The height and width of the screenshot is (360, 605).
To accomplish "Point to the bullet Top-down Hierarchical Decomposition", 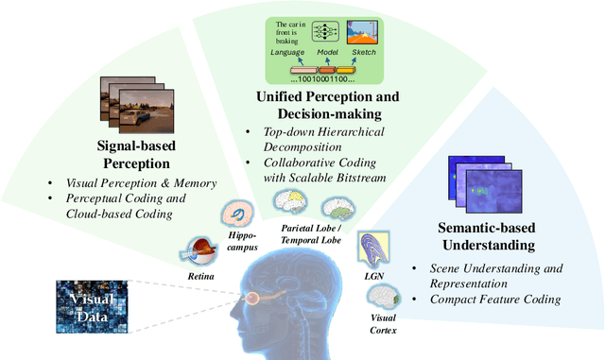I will tap(312, 138).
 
